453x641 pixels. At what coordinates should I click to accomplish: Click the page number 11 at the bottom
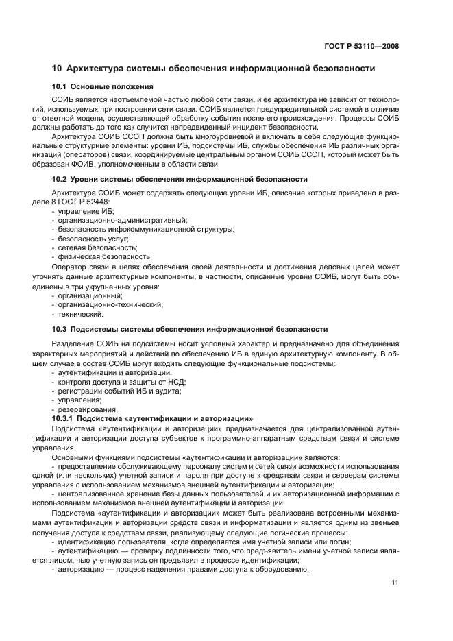click(x=395, y=583)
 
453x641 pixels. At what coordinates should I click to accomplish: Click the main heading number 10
click(x=58, y=69)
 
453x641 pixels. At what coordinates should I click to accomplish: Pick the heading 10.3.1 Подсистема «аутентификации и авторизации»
click(x=153, y=418)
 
